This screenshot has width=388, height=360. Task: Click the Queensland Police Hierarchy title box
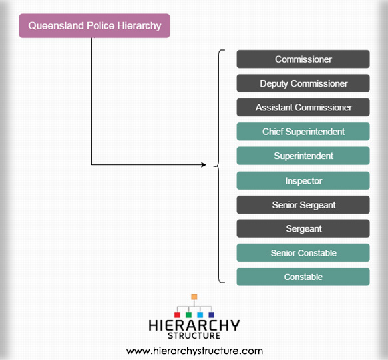click(95, 26)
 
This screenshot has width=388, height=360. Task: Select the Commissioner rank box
click(303, 59)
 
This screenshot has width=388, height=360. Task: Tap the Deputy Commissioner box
click(303, 83)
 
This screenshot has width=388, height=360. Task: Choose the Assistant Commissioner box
click(303, 107)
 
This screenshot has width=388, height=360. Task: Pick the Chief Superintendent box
click(303, 132)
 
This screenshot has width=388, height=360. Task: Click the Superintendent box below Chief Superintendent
click(303, 156)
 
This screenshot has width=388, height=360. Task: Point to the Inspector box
click(303, 180)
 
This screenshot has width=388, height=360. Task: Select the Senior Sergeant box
click(303, 205)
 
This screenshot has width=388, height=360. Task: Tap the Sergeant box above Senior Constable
click(303, 228)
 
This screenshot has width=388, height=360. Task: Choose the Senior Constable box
click(303, 253)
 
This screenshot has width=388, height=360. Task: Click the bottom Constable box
click(303, 277)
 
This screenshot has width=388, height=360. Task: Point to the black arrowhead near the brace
click(204, 165)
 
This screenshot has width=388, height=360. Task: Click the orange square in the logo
click(194, 297)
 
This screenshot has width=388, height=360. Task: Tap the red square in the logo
click(177, 315)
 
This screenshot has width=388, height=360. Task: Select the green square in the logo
click(188, 315)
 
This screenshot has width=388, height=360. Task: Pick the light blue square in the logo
click(200, 315)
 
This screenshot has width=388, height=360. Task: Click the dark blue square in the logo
click(212, 315)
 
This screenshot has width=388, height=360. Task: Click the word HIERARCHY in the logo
click(194, 325)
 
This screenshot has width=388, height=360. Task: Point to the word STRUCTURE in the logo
click(194, 336)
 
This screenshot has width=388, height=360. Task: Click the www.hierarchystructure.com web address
click(194, 351)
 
